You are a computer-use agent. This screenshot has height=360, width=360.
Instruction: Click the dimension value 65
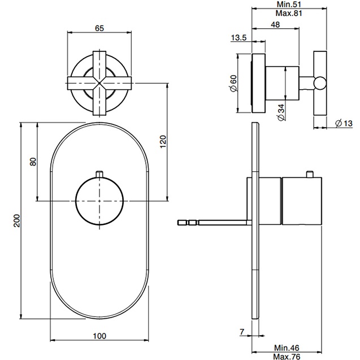click(99, 27)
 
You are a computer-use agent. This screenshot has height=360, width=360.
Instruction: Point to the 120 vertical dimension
click(163, 141)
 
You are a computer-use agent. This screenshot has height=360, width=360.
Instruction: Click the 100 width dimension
click(99, 336)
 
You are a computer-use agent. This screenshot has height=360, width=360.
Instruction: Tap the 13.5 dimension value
click(238, 38)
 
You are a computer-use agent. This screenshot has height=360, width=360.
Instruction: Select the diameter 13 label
click(344, 124)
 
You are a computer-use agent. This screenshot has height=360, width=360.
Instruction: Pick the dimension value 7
click(241, 332)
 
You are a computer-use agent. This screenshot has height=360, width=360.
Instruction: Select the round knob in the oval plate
click(99, 200)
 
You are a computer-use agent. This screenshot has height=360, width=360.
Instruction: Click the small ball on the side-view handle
click(320, 84)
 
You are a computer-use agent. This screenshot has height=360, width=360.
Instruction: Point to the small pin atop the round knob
click(99, 173)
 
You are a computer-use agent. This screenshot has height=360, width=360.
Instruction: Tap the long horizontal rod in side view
click(215, 222)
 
